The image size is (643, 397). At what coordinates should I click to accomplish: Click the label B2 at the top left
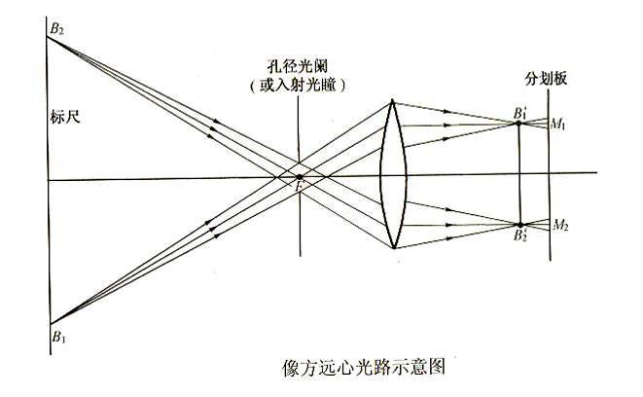coord(56,29)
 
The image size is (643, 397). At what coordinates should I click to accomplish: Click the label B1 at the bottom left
coord(58,337)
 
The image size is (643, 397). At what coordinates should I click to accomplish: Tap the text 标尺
coord(65,117)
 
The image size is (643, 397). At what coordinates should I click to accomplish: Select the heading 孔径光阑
coord(298,65)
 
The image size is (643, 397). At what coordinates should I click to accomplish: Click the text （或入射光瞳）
coord(298,85)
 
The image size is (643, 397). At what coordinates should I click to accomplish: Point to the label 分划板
coord(546,79)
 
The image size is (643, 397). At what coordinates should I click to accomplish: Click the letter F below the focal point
coord(301,187)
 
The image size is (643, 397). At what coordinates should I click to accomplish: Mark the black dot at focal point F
coord(300,177)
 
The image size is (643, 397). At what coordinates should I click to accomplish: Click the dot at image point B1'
coord(518,123)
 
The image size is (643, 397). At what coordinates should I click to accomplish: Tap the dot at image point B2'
coord(520,225)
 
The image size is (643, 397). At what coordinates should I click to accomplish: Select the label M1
coord(557,124)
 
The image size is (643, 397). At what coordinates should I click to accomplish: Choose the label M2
coord(560,225)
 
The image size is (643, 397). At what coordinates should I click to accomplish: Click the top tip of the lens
coord(392,99)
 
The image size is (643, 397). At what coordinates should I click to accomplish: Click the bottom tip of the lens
coord(394,248)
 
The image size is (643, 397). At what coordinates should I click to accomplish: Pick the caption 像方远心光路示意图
coord(363,367)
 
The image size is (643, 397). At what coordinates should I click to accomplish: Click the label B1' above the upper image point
coord(519,112)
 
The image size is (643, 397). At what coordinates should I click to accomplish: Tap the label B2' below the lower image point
coord(520,235)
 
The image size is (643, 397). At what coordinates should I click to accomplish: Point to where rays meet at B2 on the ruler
coord(47,37)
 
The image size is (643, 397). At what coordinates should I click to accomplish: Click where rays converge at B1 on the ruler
coord(50,324)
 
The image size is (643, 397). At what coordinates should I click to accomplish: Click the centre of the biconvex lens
coord(393,175)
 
